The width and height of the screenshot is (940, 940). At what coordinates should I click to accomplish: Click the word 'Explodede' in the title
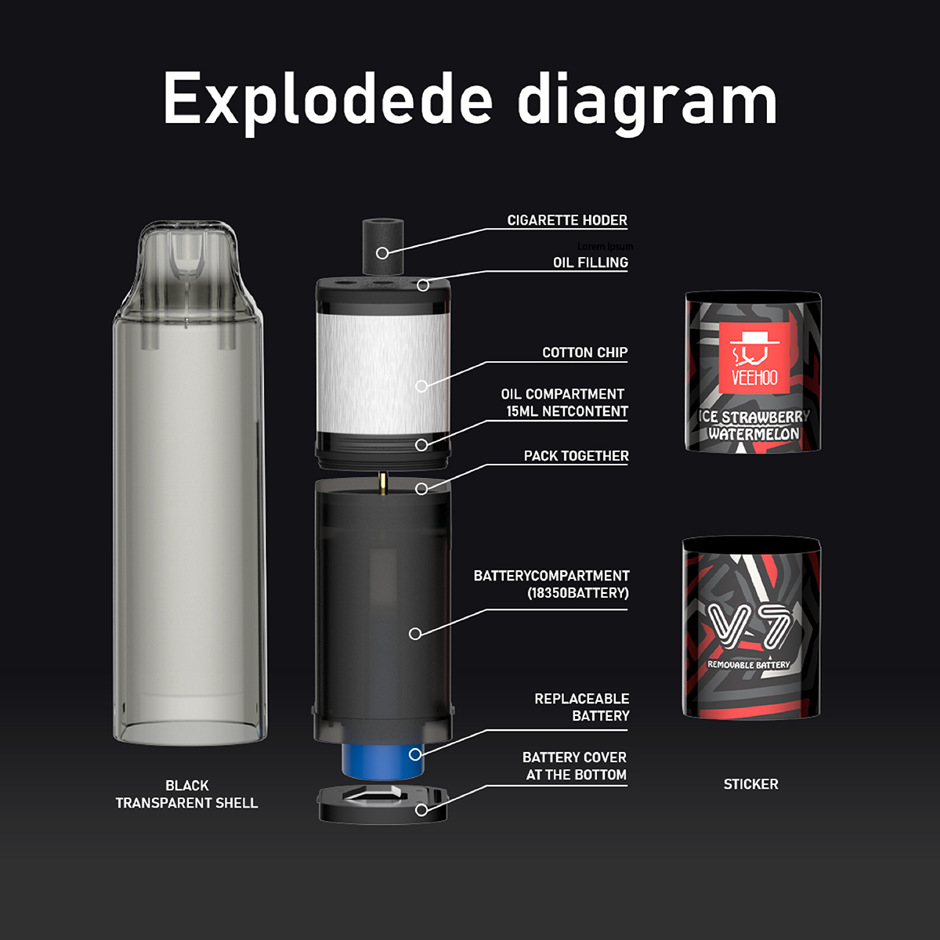327,100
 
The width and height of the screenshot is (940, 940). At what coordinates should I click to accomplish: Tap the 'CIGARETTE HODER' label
567,220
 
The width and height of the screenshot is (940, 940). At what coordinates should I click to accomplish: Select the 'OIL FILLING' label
591,262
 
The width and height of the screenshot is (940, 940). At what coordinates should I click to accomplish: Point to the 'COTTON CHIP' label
584,352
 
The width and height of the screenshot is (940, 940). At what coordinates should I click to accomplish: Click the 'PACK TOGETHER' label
576,456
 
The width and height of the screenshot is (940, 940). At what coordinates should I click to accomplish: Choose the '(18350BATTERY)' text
578,593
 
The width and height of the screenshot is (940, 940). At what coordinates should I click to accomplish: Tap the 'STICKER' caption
750,784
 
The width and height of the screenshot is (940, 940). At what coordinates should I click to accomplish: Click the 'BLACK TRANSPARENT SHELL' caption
186,794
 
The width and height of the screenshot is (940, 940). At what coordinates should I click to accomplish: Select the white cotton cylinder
382,368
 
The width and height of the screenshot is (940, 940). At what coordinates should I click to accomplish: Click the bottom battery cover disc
382,805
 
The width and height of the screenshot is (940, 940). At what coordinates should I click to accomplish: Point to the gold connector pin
382,483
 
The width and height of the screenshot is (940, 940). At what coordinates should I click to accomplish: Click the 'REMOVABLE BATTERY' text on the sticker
749,665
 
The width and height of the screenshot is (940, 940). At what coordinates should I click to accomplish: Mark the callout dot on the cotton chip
421,385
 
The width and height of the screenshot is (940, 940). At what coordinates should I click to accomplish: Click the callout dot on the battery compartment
415,633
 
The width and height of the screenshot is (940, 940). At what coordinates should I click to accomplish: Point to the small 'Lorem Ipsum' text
605,246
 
